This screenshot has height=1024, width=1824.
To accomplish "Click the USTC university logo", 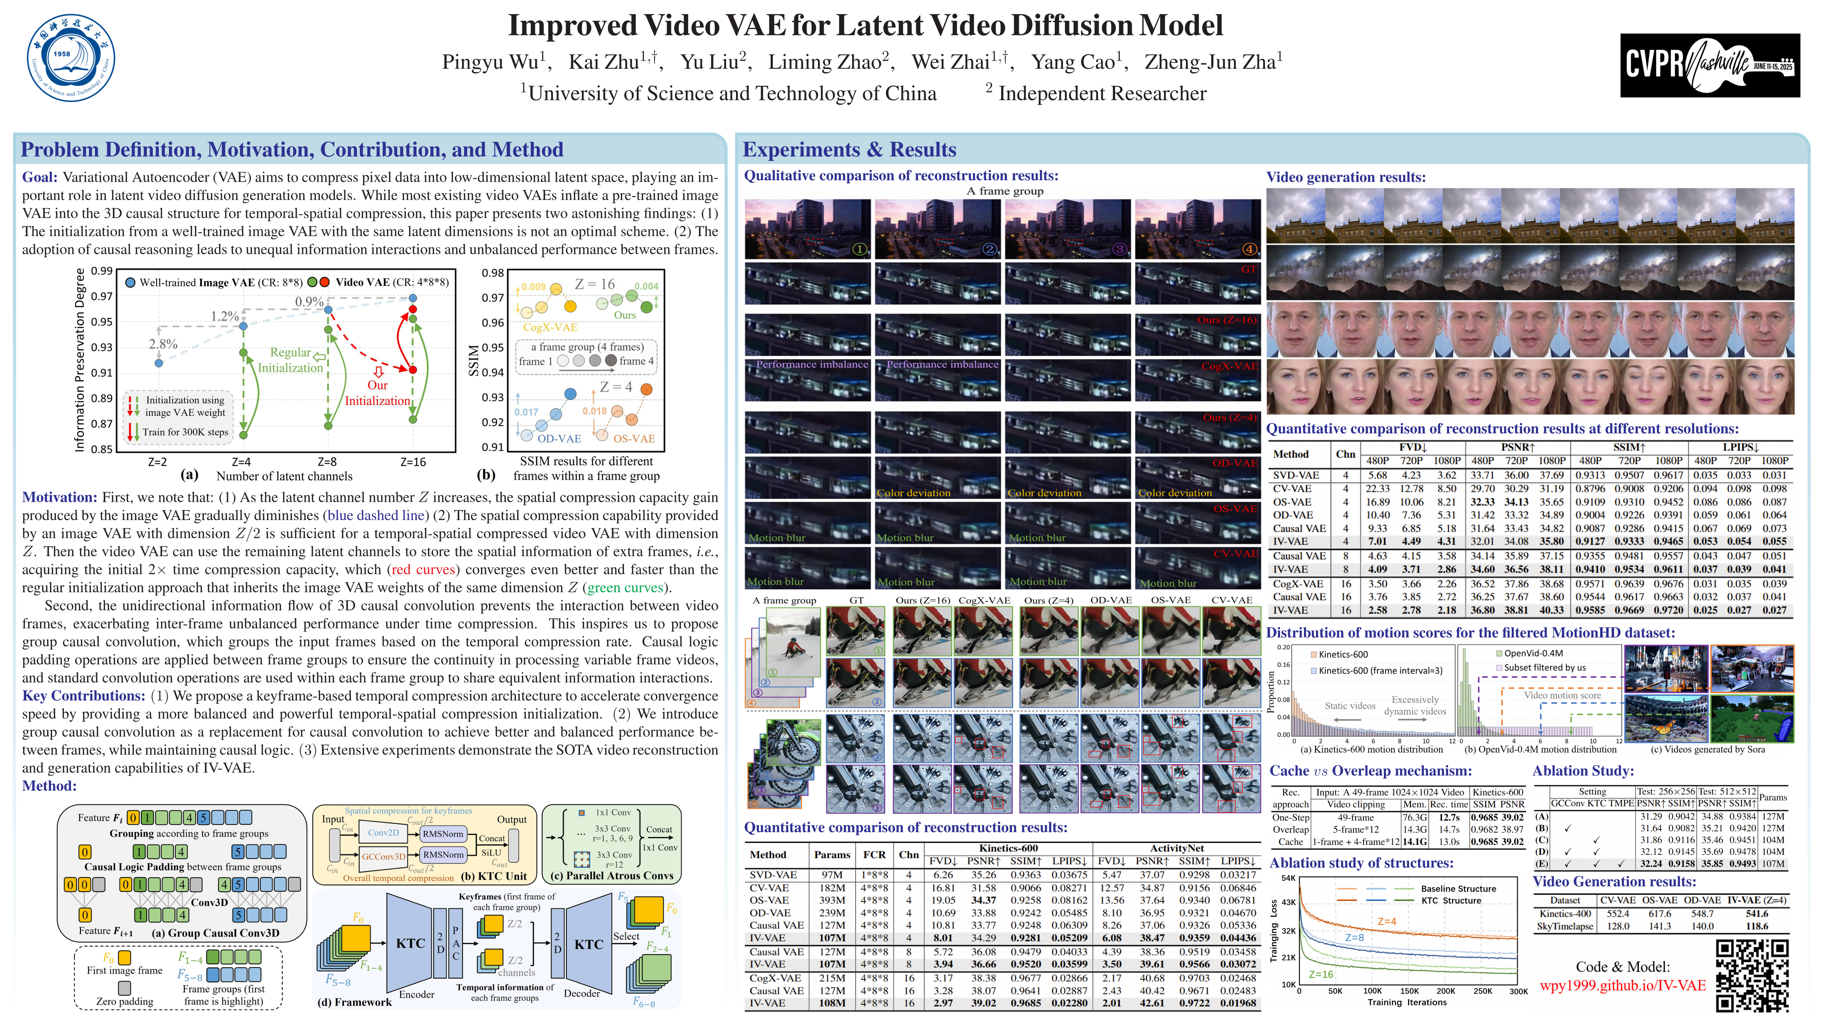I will point(71,58).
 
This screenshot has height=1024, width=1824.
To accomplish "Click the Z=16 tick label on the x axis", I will point(413,462).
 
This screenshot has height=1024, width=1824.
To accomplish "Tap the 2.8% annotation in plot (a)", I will point(163,344).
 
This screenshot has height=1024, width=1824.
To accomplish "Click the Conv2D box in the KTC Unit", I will point(383,833).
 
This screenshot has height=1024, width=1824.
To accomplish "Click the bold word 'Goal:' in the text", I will point(40,177).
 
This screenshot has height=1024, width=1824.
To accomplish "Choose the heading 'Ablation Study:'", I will point(1583,771).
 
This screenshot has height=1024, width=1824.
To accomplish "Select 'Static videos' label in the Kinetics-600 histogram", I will point(1350,705).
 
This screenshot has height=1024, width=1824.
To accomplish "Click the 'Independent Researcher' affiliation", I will point(1102,94).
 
